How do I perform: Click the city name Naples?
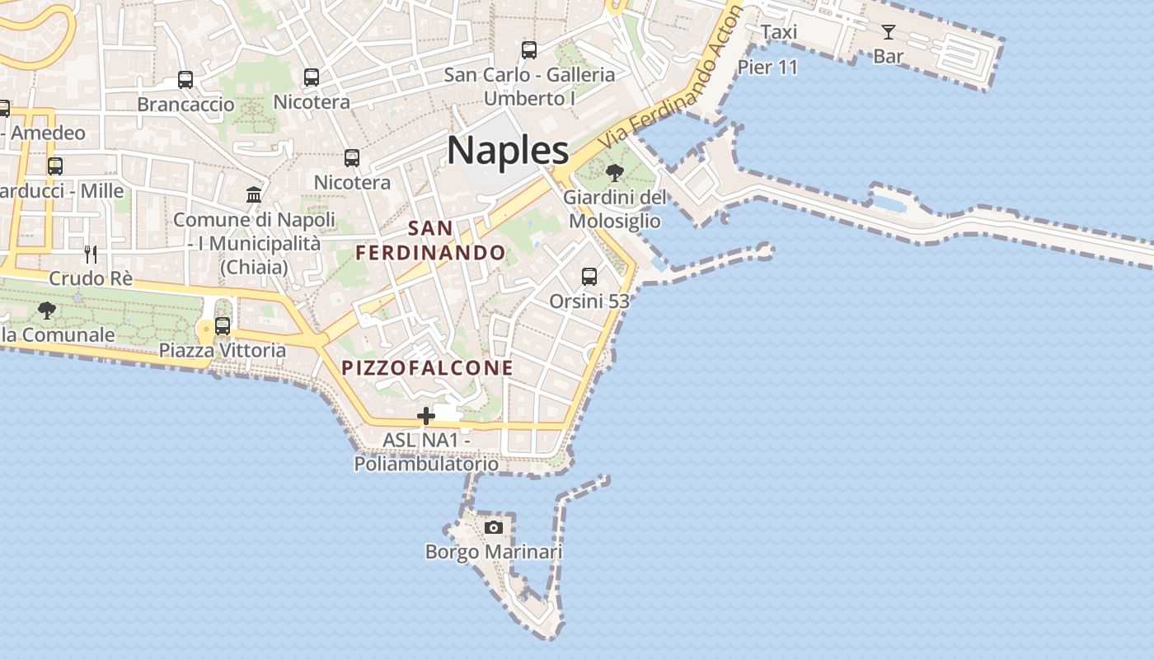[508, 151]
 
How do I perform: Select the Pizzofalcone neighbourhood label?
[428, 367]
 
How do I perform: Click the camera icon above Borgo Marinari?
[494, 527]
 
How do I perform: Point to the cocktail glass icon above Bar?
[889, 32]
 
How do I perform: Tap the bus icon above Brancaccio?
[185, 80]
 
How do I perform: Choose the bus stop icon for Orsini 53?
[589, 277]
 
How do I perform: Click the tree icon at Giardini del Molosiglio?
[614, 173]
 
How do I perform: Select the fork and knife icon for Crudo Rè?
[91, 254]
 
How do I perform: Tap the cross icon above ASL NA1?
[426, 416]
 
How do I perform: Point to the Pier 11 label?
[768, 68]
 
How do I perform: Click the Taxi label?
[779, 32]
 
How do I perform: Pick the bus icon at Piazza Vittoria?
[223, 325]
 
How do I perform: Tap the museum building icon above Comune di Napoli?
[254, 195]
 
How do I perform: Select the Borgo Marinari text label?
[494, 551]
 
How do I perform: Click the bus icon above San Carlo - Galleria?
[529, 50]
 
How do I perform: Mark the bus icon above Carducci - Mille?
[55, 166]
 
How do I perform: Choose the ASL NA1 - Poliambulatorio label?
[426, 452]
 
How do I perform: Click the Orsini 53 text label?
[589, 301]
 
